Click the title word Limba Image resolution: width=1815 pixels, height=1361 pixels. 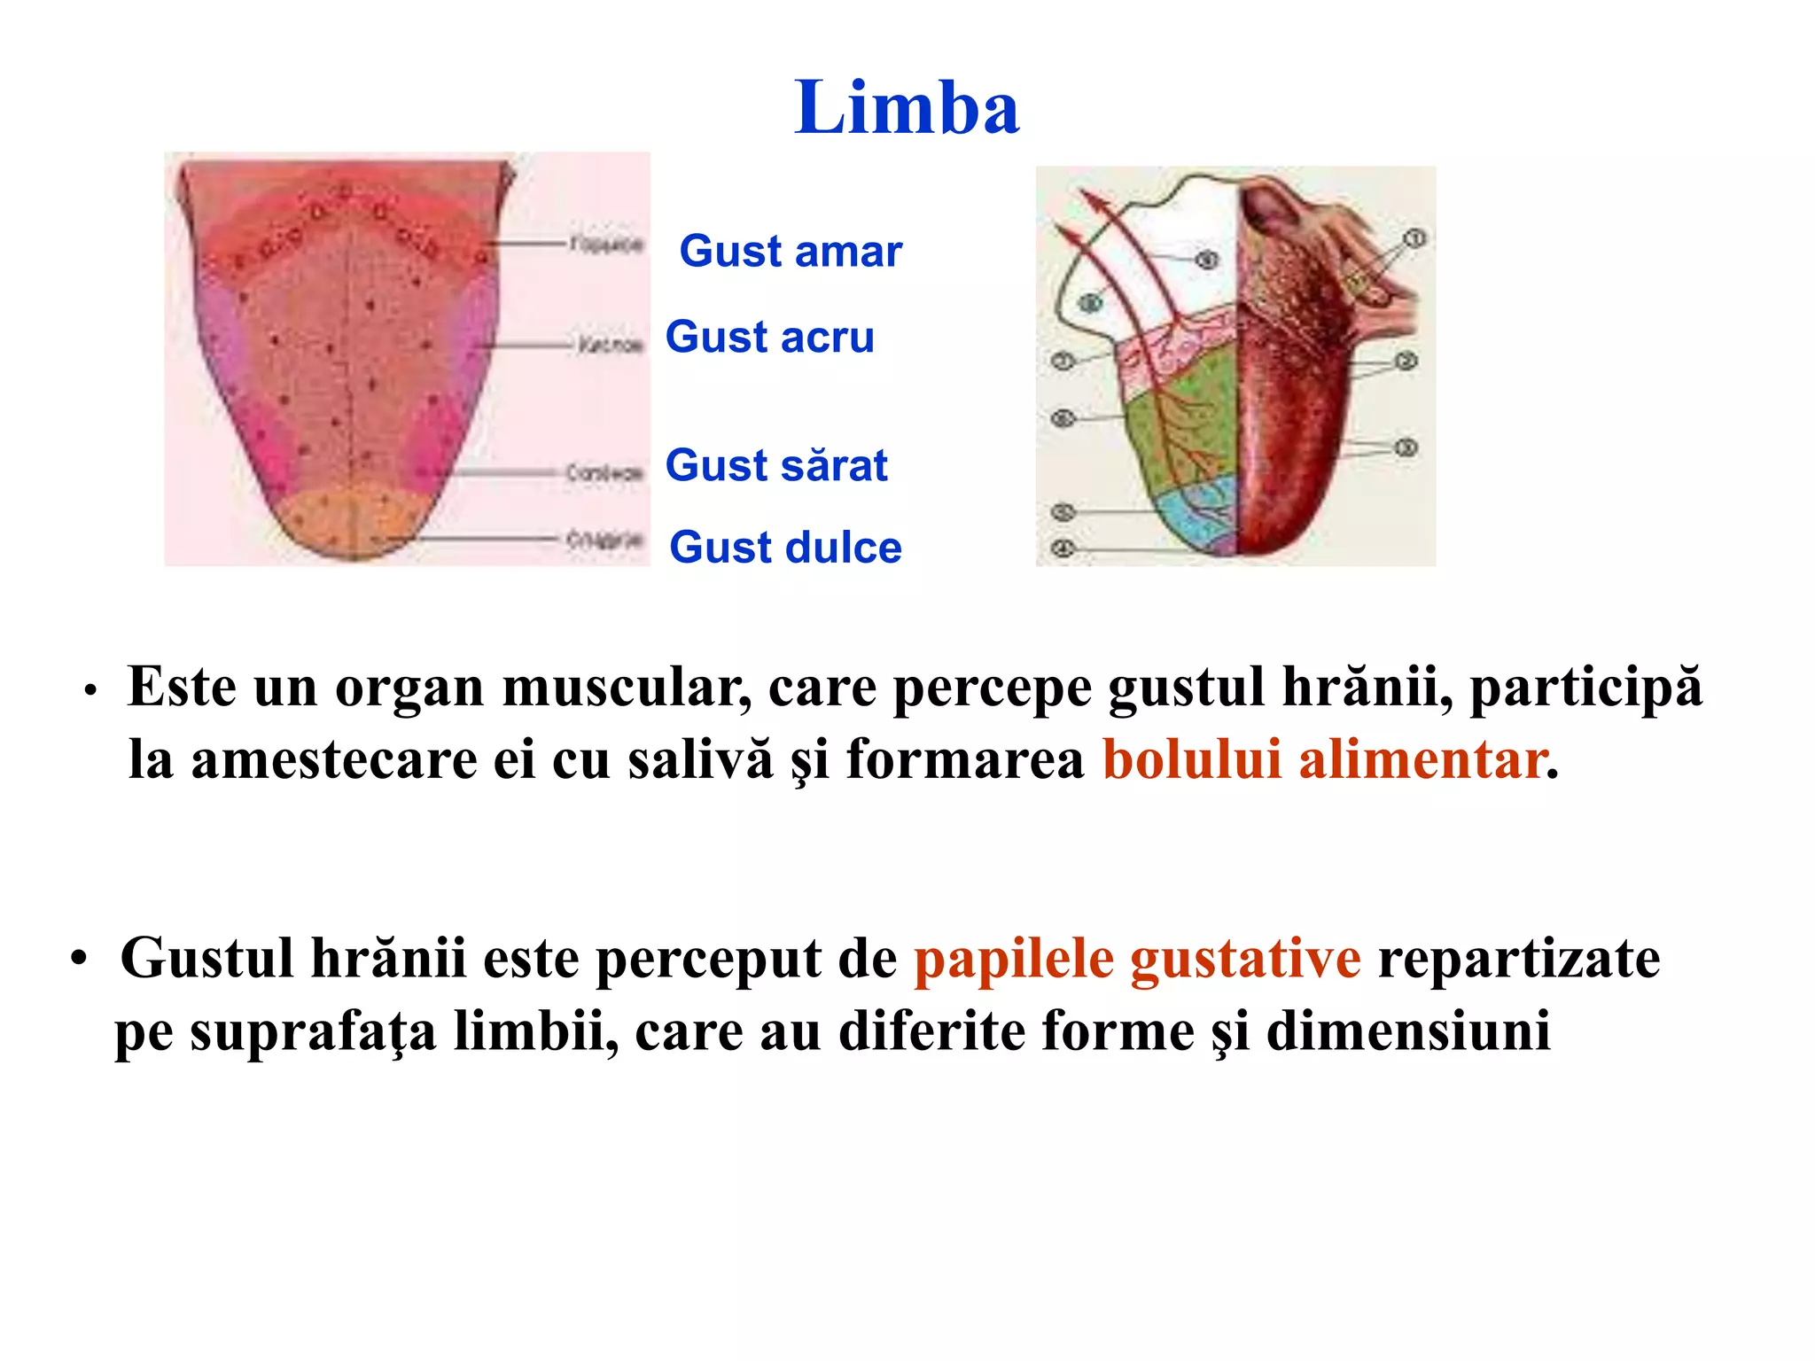(x=907, y=108)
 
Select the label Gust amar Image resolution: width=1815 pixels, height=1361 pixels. (x=791, y=251)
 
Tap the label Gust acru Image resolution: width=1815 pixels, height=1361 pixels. (x=769, y=337)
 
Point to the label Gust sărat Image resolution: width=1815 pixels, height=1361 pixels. (x=776, y=465)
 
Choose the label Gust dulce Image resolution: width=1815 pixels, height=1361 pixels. (x=785, y=547)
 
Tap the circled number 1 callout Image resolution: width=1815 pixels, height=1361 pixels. (x=1414, y=238)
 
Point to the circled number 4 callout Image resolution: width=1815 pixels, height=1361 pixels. (x=1063, y=548)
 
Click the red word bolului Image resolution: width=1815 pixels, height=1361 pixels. (x=1192, y=759)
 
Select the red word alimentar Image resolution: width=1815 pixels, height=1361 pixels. (x=1423, y=759)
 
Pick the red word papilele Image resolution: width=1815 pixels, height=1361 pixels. (x=1014, y=959)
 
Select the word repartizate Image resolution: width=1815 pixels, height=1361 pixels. (x=1519, y=959)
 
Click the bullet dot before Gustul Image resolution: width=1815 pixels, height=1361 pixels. (x=80, y=960)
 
